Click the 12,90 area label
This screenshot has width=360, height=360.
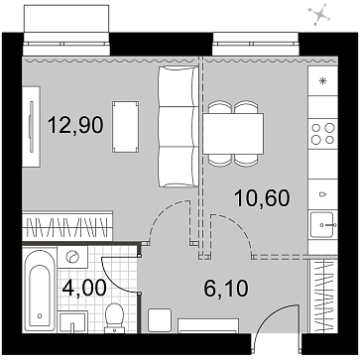[75, 126]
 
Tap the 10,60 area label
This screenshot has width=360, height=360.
[262, 198]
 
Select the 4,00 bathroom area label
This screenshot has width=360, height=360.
[84, 288]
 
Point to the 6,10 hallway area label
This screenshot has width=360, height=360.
[226, 288]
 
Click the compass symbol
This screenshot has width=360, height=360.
[319, 15]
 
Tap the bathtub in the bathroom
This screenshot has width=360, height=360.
[40, 290]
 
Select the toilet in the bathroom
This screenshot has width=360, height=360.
[114, 318]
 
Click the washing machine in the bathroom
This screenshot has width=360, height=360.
[72, 257]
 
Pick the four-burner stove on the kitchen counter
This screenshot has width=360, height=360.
[322, 134]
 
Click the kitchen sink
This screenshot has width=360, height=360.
[322, 225]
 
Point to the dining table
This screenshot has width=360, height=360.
[233, 134]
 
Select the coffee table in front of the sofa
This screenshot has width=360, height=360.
[125, 127]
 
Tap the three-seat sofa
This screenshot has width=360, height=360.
[179, 127]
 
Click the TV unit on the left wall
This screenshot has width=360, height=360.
[32, 127]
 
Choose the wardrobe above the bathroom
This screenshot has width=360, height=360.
[67, 226]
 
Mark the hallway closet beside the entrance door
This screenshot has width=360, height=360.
[323, 296]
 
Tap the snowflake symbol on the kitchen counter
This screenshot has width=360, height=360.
[322, 80]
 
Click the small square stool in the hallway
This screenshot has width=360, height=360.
[160, 320]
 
